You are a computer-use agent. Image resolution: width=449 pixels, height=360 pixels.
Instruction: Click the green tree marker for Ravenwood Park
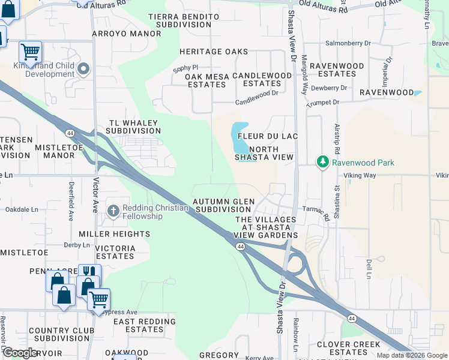click(323, 163)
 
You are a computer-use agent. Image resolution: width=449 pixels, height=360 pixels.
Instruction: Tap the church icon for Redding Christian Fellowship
click(113, 211)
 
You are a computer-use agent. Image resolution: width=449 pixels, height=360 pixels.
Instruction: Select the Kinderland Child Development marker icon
click(83, 70)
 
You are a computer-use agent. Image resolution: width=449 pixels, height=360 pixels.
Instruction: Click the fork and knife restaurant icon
click(89, 272)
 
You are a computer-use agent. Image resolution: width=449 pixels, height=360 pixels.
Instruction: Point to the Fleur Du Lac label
click(268, 136)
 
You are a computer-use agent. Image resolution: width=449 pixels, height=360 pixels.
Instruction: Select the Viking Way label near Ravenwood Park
click(360, 175)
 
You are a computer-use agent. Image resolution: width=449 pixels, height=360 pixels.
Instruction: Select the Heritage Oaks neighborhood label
click(205, 52)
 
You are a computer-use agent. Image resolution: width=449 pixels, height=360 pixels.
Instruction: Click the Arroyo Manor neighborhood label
click(127, 34)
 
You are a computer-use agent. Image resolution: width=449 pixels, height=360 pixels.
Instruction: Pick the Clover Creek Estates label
click(349, 348)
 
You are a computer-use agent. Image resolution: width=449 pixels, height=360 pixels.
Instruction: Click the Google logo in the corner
click(20, 353)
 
